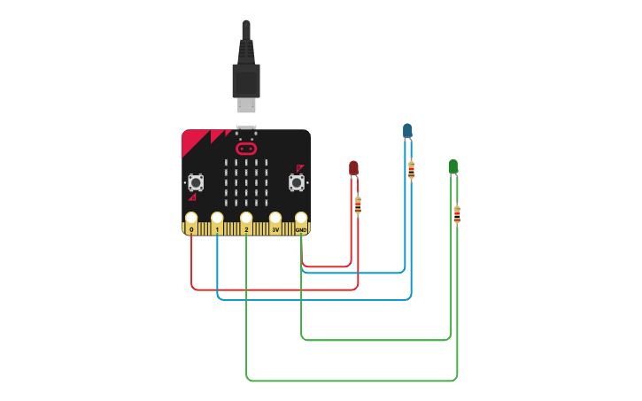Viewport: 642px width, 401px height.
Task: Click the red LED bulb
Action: [353, 167]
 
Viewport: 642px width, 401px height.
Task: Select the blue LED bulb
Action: [407, 131]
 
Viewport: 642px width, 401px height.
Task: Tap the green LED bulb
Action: [453, 166]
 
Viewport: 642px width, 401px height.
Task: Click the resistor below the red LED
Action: [358, 205]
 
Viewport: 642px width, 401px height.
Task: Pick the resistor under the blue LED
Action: [411, 170]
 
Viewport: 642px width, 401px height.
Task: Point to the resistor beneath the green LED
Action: [457, 214]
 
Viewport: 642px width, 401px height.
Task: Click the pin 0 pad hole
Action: [191, 218]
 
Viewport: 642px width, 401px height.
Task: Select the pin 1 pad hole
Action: [217, 218]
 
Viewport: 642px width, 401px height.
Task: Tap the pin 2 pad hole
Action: [246, 218]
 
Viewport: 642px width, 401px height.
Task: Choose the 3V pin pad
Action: [275, 218]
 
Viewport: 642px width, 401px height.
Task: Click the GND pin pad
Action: [301, 218]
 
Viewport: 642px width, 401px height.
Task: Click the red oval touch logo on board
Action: [246, 149]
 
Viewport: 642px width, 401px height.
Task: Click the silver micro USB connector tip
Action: [246, 105]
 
